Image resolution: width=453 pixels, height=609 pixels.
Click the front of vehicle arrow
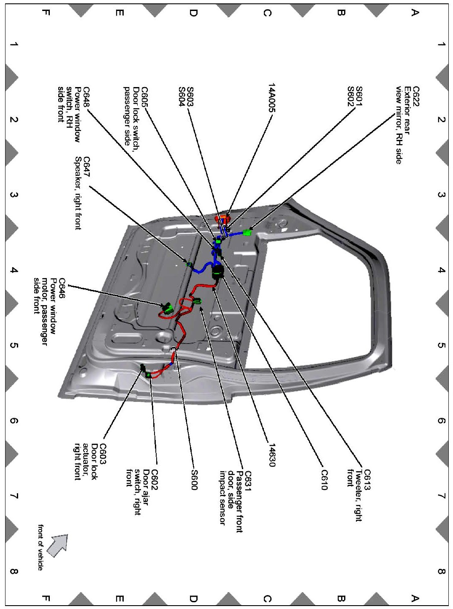click(58, 545)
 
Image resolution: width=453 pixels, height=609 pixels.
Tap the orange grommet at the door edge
click(222, 218)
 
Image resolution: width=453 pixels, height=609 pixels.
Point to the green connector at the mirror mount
click(247, 232)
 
